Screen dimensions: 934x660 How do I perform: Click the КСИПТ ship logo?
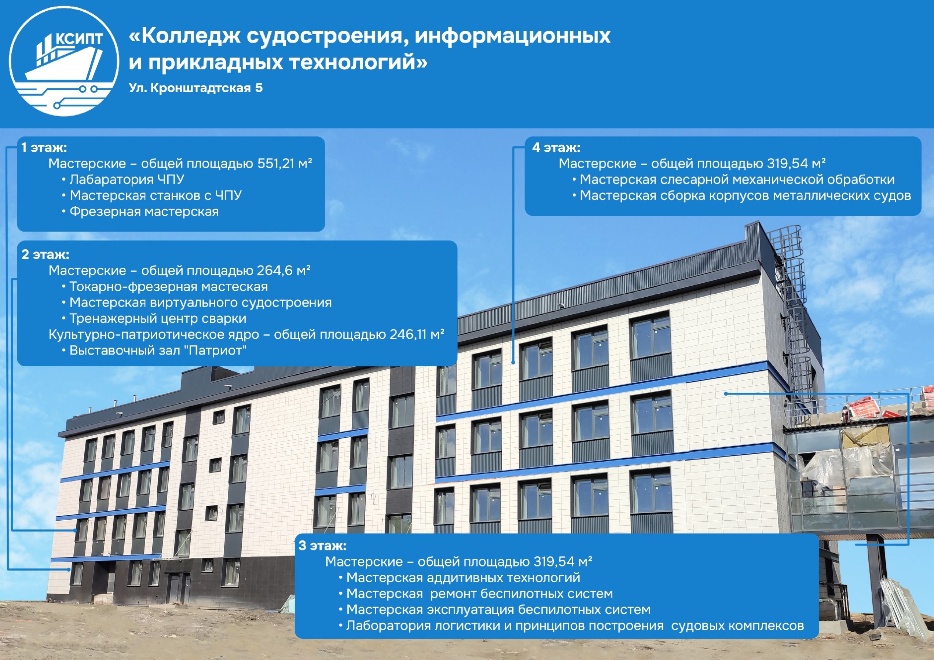point(64,61)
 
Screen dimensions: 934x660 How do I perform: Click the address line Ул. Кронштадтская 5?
point(196,88)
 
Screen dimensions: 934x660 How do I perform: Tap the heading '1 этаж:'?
point(44,148)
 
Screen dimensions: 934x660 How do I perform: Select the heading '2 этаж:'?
point(45,254)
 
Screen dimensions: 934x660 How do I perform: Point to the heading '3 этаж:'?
point(323,545)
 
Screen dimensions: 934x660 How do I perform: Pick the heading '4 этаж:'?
point(556,148)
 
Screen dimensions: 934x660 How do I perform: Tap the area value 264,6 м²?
point(284,271)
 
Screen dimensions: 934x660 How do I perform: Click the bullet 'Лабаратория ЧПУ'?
point(123,179)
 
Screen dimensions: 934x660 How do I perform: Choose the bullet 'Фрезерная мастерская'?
point(141,212)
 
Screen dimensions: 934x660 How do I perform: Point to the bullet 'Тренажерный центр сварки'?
point(155,318)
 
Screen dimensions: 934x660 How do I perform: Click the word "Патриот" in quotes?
point(217,350)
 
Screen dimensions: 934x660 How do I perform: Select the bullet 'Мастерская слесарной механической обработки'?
point(733,179)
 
